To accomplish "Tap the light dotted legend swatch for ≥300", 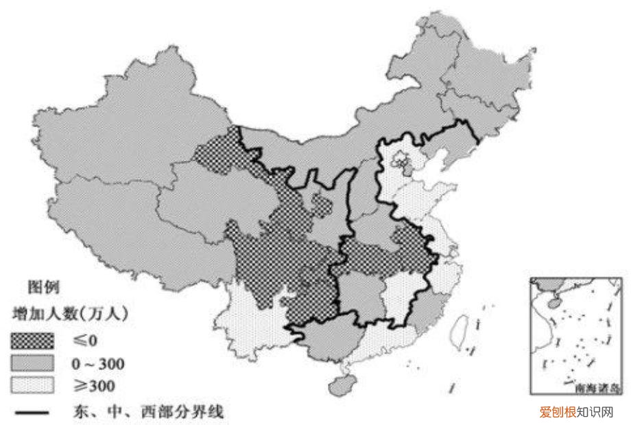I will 32,385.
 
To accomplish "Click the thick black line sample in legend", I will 30,412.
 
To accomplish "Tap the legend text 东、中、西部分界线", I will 147,412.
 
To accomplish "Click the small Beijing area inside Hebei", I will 399,162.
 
